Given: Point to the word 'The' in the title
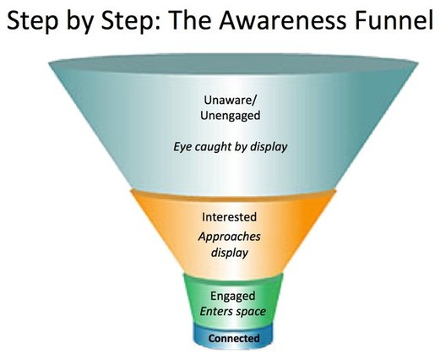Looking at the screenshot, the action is click(x=191, y=20).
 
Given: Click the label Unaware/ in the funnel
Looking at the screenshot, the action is click(x=230, y=101).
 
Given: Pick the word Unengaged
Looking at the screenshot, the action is click(x=230, y=116).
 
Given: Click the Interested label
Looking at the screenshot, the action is click(x=229, y=217).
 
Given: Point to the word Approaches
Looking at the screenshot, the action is click(x=229, y=237).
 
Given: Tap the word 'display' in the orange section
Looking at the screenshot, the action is click(x=229, y=253).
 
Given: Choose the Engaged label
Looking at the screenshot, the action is click(x=232, y=296).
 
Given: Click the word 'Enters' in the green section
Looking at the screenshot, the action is click(x=215, y=311).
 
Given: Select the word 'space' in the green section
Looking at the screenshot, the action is click(x=250, y=312).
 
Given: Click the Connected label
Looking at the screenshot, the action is click(x=234, y=338).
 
